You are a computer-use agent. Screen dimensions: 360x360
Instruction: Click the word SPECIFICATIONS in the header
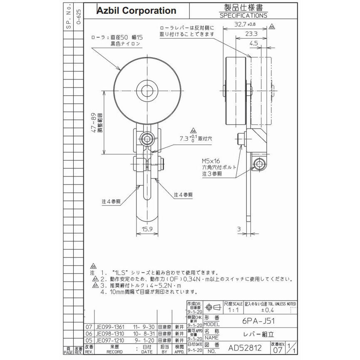pos(243,15)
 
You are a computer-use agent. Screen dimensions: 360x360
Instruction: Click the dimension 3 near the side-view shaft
pos(238,228)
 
